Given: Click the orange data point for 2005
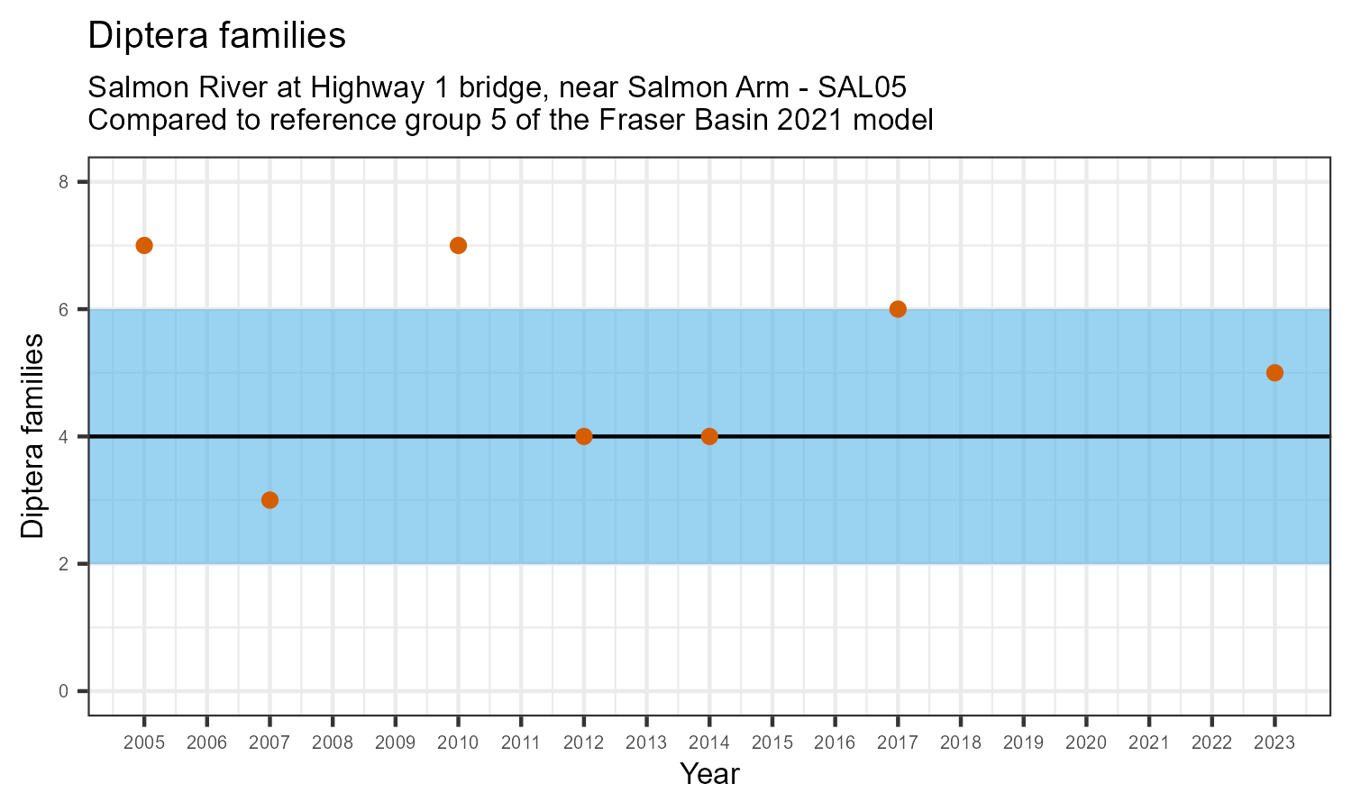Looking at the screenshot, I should tap(144, 245).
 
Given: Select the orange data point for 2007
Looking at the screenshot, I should tap(269, 500).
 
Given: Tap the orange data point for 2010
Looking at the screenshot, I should tap(458, 245).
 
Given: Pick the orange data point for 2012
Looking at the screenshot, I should tap(583, 436).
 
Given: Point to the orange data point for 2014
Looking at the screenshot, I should tap(709, 436).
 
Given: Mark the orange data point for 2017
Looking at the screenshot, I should tap(898, 309).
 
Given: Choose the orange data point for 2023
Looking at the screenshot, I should tap(1274, 373).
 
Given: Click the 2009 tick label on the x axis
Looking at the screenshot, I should tap(395, 743).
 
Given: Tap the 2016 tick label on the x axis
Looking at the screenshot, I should tap(835, 743).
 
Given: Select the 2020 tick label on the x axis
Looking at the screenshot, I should tap(1086, 743).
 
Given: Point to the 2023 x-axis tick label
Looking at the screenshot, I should tap(1274, 743).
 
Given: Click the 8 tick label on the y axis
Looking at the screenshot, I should tap(63, 182).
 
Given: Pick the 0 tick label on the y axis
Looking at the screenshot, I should tap(63, 691).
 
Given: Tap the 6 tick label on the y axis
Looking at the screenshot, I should tap(63, 309).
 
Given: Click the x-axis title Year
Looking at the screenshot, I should tap(709, 774).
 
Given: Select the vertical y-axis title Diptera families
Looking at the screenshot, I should tap(32, 436).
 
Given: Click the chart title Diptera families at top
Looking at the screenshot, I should tap(216, 35).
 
